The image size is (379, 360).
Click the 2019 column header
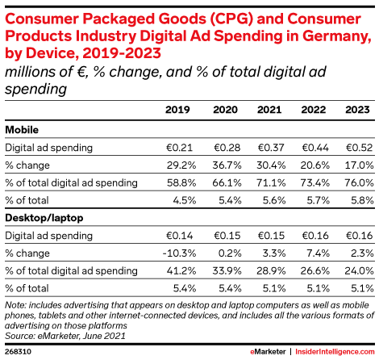click(x=177, y=110)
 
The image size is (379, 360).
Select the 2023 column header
click(x=357, y=110)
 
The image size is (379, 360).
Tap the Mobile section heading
click(x=22, y=130)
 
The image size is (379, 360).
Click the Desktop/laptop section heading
click(x=44, y=218)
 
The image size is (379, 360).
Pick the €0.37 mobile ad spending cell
click(x=271, y=148)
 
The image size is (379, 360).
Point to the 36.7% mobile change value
click(x=227, y=165)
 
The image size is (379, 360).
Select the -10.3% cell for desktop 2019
click(x=179, y=253)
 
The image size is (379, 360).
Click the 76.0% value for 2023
click(x=359, y=182)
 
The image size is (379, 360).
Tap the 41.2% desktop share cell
click(x=181, y=270)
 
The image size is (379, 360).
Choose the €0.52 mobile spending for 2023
click(x=359, y=148)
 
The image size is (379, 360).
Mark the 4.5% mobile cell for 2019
click(x=185, y=200)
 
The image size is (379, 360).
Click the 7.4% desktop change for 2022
click(x=318, y=253)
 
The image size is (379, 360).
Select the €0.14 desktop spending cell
click(x=179, y=236)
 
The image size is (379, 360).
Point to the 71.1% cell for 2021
click(x=271, y=182)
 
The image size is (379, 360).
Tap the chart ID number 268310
click(x=18, y=352)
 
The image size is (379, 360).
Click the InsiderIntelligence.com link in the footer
click(x=335, y=352)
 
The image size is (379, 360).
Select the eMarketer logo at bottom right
click(x=268, y=352)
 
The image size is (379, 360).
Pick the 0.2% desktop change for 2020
click(x=230, y=253)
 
